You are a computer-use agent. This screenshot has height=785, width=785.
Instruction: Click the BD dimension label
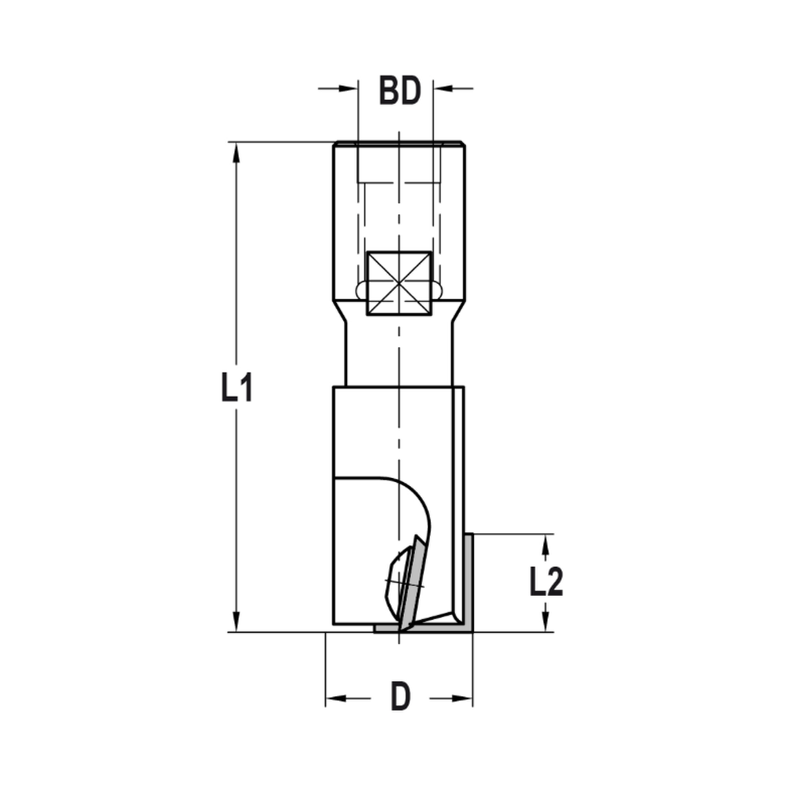pyautogui.click(x=400, y=91)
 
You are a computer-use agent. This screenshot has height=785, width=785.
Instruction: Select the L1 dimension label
pyautogui.click(x=236, y=388)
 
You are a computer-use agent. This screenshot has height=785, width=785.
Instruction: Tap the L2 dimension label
pyautogui.click(x=546, y=582)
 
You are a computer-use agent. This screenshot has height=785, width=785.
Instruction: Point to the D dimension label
pyautogui.click(x=400, y=697)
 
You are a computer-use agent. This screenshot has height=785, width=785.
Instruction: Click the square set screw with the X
pyautogui.click(x=400, y=283)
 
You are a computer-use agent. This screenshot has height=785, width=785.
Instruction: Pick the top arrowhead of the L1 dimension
pyautogui.click(x=235, y=152)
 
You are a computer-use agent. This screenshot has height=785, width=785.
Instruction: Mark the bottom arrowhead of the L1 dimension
pyautogui.click(x=235, y=623)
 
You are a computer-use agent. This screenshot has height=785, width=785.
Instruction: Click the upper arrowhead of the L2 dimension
pyautogui.click(x=546, y=542)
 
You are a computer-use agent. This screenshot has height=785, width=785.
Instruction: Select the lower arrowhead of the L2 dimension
pyautogui.click(x=546, y=623)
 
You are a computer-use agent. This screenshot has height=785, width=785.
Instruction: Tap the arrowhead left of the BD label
pyautogui.click(x=349, y=88)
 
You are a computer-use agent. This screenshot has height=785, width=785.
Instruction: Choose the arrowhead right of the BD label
pyautogui.click(x=443, y=88)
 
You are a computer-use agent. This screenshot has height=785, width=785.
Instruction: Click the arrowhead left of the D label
pyautogui.click(x=335, y=698)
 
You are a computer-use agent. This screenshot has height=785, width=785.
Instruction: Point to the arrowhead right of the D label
pyautogui.click(x=463, y=698)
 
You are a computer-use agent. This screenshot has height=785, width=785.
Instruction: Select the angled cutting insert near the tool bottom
pyautogui.click(x=410, y=585)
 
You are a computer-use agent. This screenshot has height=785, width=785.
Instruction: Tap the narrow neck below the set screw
pyautogui.click(x=399, y=353)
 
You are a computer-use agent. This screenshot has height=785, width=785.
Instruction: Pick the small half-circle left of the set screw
pyautogui.click(x=361, y=290)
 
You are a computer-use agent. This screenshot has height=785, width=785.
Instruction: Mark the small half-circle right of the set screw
pyautogui.click(x=437, y=290)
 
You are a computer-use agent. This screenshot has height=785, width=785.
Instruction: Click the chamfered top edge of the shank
pyautogui.click(x=399, y=144)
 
